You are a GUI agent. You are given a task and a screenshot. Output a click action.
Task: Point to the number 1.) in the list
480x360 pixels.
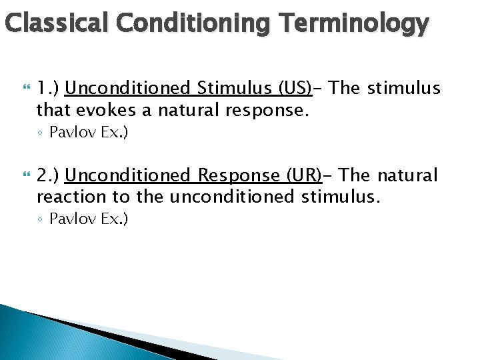pyautogui.click(x=48, y=88)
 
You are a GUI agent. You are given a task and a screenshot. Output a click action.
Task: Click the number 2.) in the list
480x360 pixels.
pyautogui.click(x=48, y=175)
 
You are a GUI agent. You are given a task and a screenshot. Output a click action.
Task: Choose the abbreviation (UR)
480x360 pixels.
pyautogui.click(x=303, y=175)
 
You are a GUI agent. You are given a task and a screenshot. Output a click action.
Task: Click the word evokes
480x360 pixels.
pyautogui.click(x=105, y=109)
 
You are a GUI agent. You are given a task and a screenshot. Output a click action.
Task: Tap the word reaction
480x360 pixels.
pyautogui.click(x=70, y=197)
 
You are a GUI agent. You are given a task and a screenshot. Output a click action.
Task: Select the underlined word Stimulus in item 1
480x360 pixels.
pyautogui.click(x=231, y=88)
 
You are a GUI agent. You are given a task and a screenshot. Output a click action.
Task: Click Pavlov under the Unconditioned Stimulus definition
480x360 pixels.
pyautogui.click(x=72, y=133)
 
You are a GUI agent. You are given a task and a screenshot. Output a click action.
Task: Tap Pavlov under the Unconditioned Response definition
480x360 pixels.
pyautogui.click(x=72, y=219)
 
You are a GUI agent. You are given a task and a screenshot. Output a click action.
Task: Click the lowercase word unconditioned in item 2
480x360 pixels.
pyautogui.click(x=231, y=197)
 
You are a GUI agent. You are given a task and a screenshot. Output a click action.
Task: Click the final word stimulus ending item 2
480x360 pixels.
pyautogui.click(x=341, y=197)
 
